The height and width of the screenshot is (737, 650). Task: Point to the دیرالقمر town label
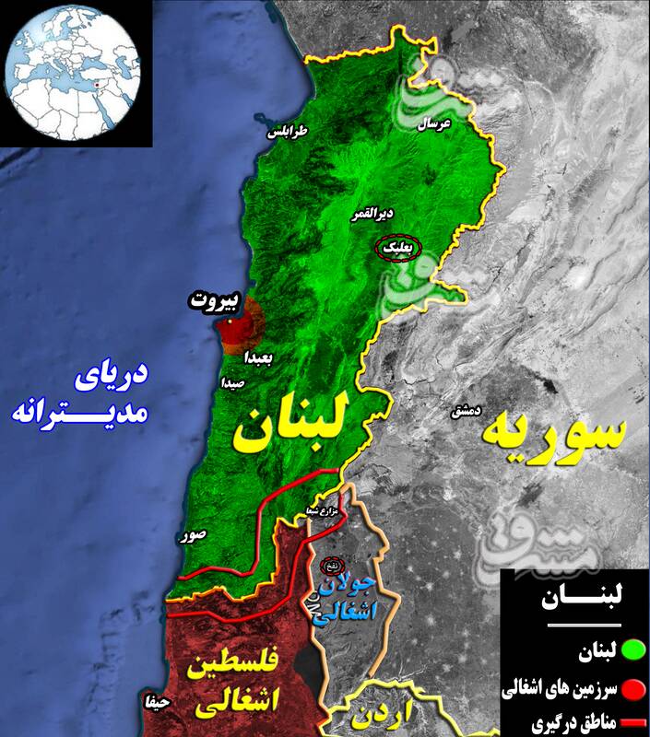coord(372,215)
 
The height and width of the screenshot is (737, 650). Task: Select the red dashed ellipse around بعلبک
coord(398,248)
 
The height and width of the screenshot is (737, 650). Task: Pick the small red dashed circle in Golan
coord(329,565)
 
